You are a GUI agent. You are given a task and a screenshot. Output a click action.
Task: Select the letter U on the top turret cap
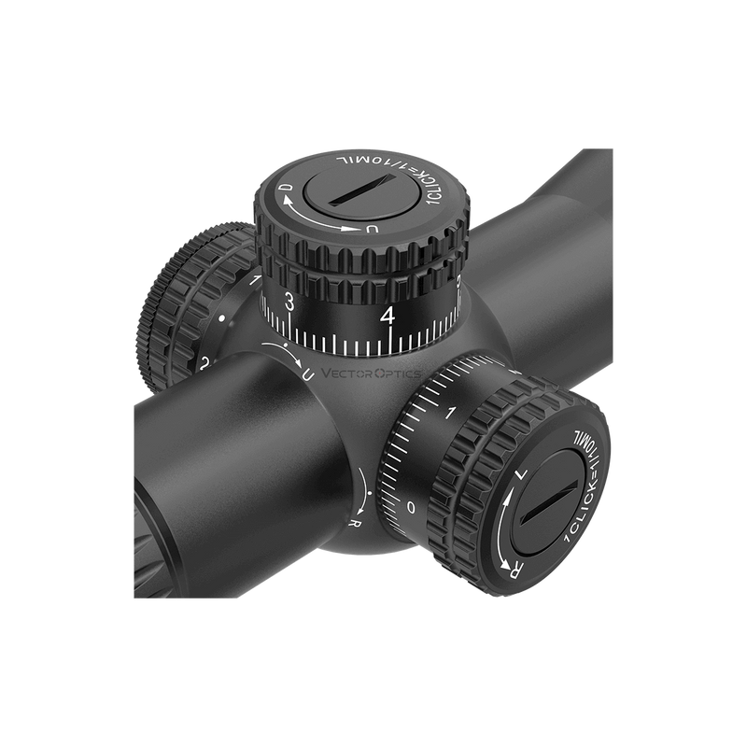(373, 229)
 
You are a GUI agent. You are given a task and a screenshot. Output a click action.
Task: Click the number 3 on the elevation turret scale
(290, 302)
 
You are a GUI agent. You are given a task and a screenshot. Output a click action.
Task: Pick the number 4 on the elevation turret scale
(388, 316)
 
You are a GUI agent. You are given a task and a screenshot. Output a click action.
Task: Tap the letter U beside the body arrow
(308, 374)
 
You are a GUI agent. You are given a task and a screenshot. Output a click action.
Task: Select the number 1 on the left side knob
(255, 280)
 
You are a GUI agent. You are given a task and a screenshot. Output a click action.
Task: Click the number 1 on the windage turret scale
(452, 412)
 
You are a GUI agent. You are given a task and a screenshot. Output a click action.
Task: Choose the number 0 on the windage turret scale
(412, 506)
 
